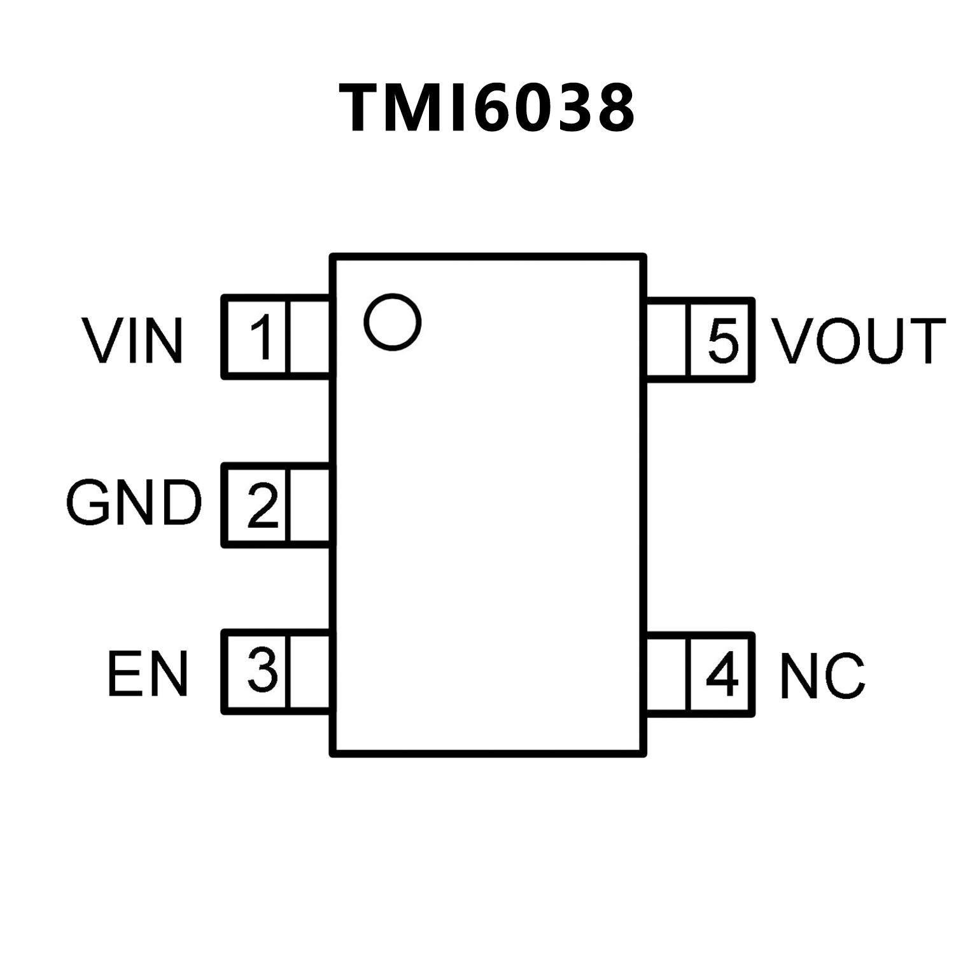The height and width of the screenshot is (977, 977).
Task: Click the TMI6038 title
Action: [488, 108]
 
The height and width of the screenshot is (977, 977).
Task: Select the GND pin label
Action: [134, 503]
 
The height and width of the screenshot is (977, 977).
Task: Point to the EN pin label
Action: [148, 673]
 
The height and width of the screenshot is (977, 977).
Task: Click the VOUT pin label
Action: [859, 341]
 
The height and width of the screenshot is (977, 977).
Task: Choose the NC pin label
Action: [822, 676]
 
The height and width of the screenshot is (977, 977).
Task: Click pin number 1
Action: [261, 337]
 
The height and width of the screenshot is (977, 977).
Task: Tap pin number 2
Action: [262, 505]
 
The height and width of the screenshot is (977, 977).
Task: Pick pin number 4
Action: [722, 674]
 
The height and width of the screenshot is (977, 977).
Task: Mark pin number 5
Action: [723, 340]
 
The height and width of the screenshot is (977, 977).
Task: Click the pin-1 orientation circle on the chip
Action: [393, 321]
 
